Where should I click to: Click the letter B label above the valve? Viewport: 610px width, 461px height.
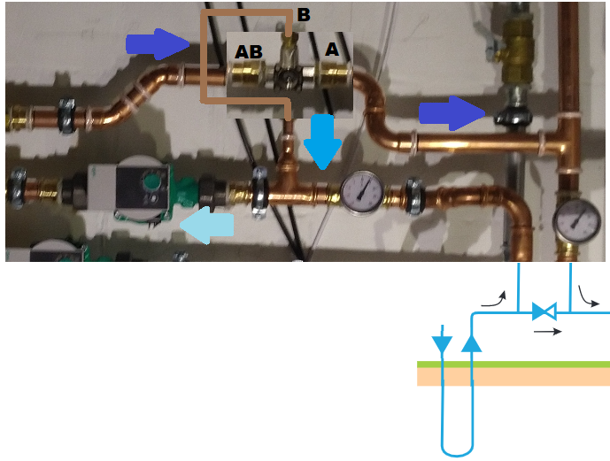click(x=304, y=15)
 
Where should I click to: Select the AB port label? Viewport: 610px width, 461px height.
click(x=248, y=52)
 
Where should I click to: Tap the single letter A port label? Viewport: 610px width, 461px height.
click(x=332, y=50)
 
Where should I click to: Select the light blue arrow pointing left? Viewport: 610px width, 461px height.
click(x=207, y=227)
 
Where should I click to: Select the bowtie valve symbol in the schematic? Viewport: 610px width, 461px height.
click(x=544, y=311)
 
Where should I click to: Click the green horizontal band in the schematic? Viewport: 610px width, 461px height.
click(x=513, y=364)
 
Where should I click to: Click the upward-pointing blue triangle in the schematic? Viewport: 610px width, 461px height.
click(x=473, y=341)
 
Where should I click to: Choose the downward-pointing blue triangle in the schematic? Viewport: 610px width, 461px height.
click(x=441, y=341)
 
